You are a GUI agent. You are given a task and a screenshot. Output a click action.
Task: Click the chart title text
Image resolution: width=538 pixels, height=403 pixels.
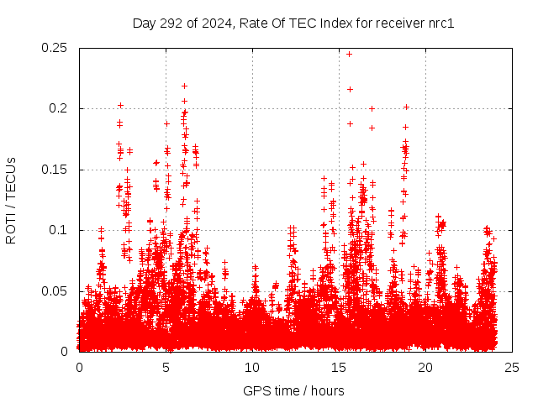click(293, 23)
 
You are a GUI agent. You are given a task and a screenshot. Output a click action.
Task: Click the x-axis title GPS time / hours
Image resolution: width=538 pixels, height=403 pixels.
click(293, 390)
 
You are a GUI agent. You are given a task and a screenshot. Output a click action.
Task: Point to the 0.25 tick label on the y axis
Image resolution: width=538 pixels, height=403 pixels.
click(55, 48)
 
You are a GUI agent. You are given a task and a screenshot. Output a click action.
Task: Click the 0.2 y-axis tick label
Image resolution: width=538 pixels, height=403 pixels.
click(60, 108)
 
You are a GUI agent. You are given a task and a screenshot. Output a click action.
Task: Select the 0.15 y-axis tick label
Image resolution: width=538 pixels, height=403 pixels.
click(55, 170)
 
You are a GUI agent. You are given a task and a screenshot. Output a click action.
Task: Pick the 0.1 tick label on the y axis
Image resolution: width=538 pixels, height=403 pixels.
click(60, 230)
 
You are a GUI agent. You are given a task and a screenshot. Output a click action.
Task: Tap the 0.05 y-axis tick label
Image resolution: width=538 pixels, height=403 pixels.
click(55, 291)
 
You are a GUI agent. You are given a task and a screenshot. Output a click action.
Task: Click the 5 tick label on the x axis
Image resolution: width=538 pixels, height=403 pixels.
click(166, 368)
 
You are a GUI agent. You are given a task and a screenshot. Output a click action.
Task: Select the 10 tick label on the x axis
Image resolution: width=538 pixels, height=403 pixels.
click(252, 368)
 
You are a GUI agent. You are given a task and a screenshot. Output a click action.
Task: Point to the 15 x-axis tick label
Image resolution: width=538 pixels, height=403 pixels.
click(339, 368)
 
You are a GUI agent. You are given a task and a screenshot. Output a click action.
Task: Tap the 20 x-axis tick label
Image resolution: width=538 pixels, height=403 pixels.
click(425, 368)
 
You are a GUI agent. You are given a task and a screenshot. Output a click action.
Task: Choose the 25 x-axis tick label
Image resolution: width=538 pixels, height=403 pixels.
click(512, 368)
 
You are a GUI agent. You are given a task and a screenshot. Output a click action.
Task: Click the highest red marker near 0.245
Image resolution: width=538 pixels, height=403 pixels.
click(350, 54)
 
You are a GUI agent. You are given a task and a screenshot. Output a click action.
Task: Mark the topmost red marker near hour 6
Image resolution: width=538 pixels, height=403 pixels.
click(184, 86)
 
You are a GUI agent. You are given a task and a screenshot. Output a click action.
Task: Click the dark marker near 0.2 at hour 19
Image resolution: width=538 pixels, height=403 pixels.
click(406, 107)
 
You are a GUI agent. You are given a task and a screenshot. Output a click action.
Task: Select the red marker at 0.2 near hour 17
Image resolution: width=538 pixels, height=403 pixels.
click(372, 108)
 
